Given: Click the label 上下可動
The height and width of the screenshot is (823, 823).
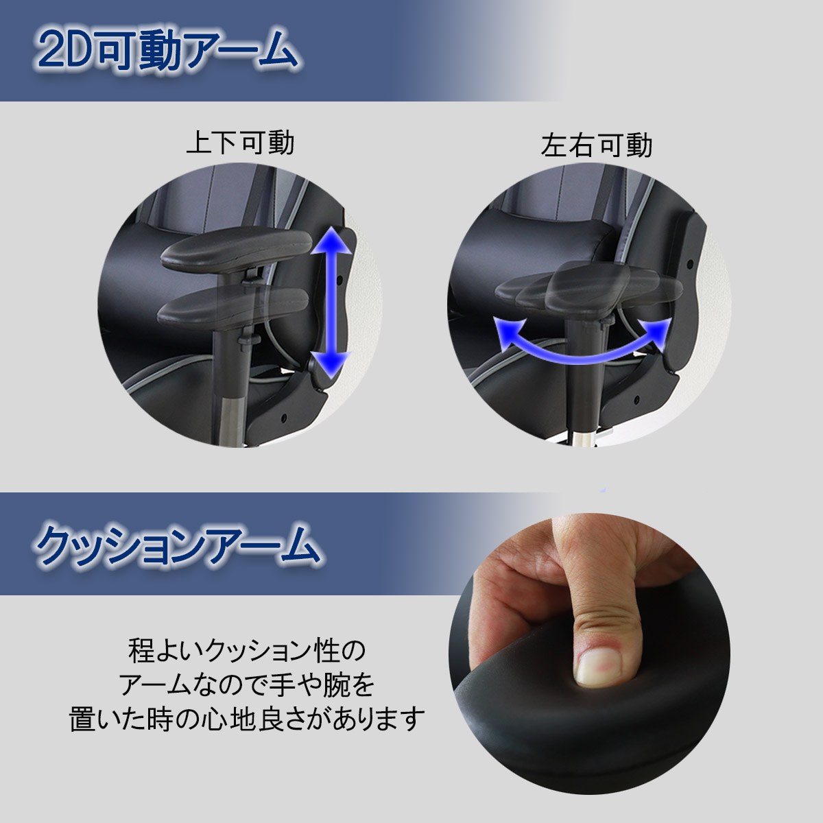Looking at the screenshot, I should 240,143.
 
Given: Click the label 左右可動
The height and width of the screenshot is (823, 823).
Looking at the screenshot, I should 597,145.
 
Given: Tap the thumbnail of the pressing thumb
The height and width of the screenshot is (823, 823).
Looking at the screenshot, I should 597,665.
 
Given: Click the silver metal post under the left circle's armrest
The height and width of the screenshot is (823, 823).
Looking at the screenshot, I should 232,418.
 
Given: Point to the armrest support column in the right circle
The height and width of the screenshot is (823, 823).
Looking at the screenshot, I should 584,370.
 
